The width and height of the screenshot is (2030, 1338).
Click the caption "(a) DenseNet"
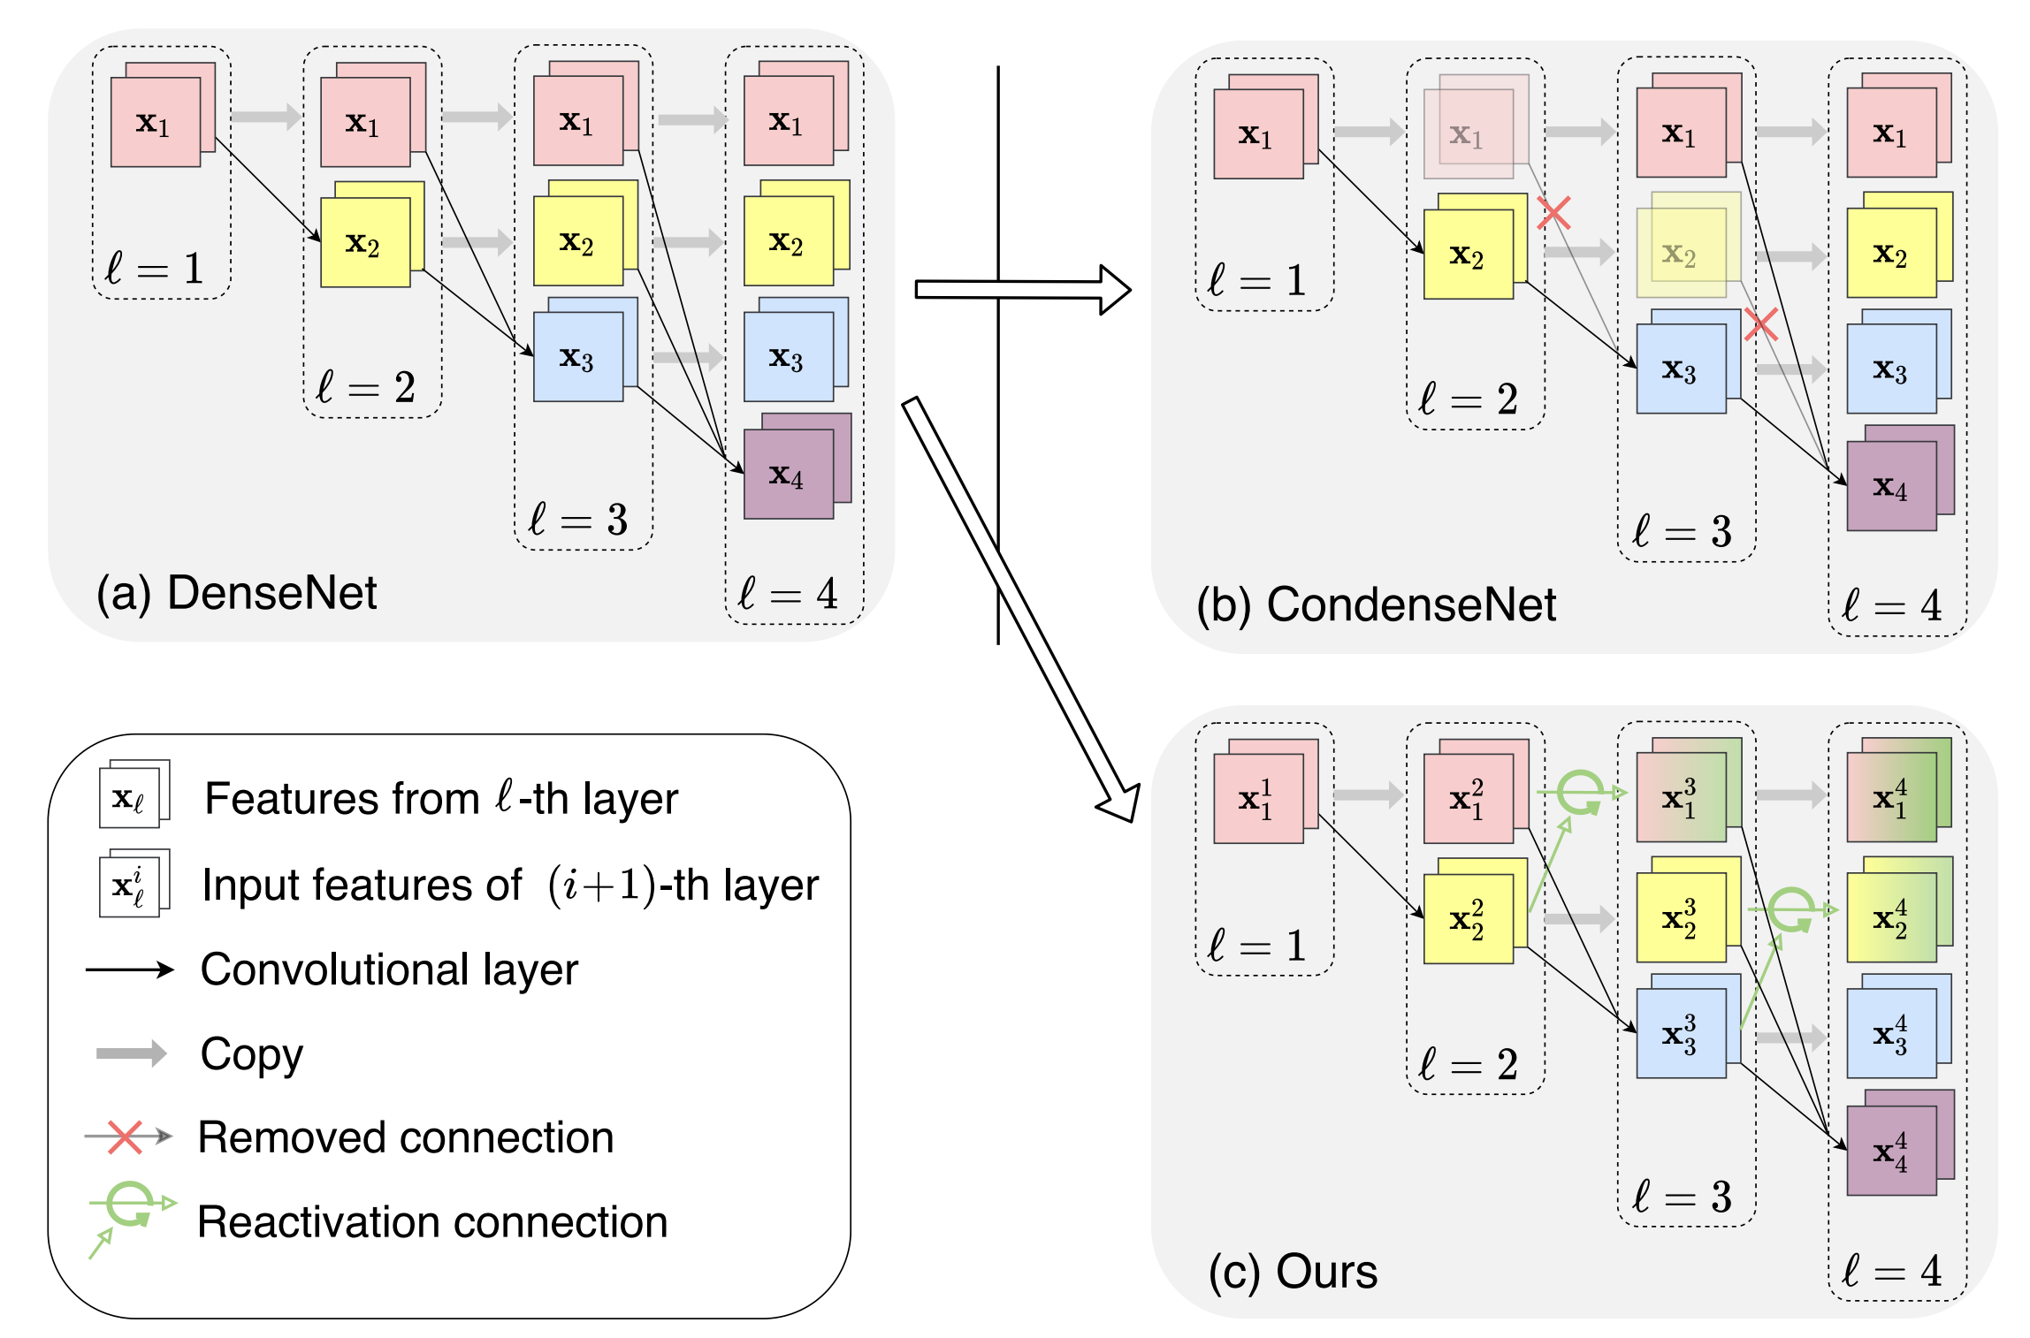237,592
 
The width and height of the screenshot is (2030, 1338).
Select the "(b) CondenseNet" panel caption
1376,605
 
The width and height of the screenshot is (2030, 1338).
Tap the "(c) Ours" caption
1293,1272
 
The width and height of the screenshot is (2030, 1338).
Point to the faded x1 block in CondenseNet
1469,133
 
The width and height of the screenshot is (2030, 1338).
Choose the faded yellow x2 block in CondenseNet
1681,253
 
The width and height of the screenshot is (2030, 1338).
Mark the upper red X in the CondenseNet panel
1553,213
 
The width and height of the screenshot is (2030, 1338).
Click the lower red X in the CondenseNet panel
1761,324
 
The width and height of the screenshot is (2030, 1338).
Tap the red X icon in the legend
125,1137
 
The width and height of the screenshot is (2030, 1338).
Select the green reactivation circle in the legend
129,1204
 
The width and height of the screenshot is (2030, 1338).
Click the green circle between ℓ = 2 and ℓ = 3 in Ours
1579,792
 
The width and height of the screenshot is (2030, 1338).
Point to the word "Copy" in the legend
252,1053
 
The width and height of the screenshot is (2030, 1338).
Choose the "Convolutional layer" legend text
389,969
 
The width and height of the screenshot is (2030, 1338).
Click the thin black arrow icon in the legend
130,969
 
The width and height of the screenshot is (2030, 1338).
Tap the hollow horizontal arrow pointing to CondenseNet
1022,289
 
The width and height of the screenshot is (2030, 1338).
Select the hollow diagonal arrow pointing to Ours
1020,610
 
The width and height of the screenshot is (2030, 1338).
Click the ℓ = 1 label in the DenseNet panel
154,268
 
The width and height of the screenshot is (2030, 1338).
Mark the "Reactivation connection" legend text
432,1222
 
